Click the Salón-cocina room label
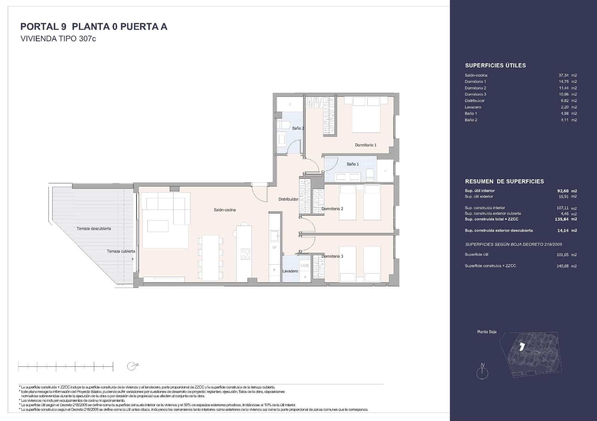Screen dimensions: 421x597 pyautogui.click(x=225, y=210)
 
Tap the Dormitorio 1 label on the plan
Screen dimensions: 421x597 pyautogui.click(x=365, y=145)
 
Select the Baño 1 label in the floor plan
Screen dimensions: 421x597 pyautogui.click(x=353, y=164)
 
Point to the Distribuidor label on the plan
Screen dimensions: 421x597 pyautogui.click(x=288, y=199)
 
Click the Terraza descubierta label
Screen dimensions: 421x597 pyautogui.click(x=94, y=228)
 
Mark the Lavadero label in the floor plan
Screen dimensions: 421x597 pyautogui.click(x=290, y=271)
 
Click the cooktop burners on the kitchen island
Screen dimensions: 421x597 pyautogui.click(x=245, y=254)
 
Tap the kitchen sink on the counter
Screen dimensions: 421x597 pyautogui.click(x=275, y=235)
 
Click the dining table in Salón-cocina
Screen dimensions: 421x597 pyautogui.click(x=210, y=257)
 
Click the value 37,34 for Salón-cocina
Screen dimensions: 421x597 pyautogui.click(x=563, y=75)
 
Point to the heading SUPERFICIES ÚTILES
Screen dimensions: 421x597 pyautogui.click(x=495, y=65)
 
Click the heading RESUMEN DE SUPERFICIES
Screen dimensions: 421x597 pyautogui.click(x=504, y=181)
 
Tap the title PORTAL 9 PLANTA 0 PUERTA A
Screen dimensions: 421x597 pyautogui.click(x=94, y=26)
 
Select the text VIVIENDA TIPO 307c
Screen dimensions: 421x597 pyautogui.click(x=58, y=38)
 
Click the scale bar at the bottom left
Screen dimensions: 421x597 pyautogui.click(x=66, y=366)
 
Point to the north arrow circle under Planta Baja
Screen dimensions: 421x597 pyautogui.click(x=482, y=373)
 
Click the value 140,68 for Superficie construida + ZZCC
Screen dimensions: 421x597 pyautogui.click(x=563, y=266)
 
